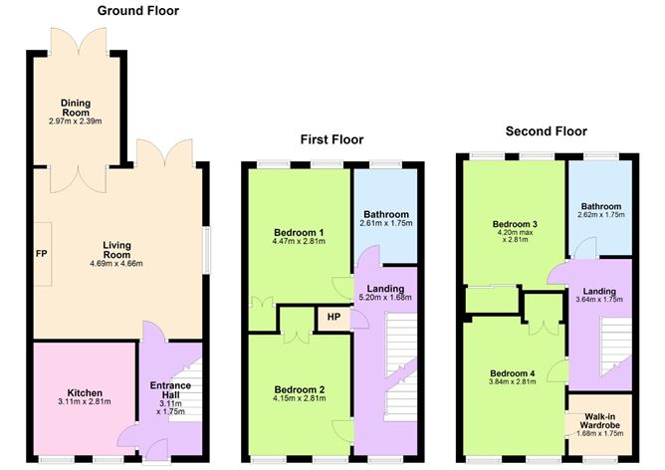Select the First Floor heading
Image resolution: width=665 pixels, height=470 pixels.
pos(332,140)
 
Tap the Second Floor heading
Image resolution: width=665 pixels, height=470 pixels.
pos(546,131)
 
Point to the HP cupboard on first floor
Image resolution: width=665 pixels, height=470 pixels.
pos(331,319)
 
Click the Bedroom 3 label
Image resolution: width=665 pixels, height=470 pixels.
pos(515,225)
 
